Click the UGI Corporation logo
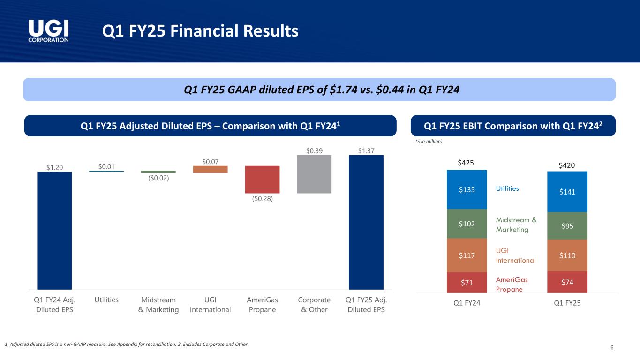(x=49, y=31)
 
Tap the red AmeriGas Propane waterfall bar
(x=262, y=179)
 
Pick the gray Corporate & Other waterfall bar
(x=314, y=174)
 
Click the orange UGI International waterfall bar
(x=210, y=169)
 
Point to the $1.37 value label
(x=366, y=150)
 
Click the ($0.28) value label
(x=262, y=199)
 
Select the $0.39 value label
(x=314, y=150)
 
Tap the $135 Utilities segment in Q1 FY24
(x=467, y=189)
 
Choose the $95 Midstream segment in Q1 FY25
(x=567, y=226)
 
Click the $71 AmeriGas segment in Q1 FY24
(x=467, y=282)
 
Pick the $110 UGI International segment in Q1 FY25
(x=567, y=255)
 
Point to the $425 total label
(x=466, y=163)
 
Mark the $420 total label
(x=567, y=165)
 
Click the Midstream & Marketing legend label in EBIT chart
(x=516, y=225)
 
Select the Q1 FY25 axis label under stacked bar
(x=567, y=303)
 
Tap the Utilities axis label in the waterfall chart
(x=106, y=300)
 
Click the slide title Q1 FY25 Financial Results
(x=201, y=31)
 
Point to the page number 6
(x=612, y=347)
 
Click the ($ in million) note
(x=429, y=141)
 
